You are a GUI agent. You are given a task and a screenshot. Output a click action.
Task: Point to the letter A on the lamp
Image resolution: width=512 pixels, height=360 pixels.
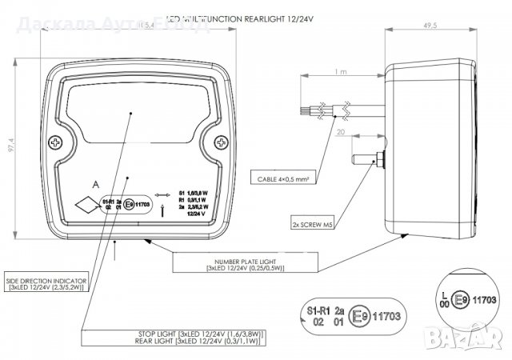[96, 185]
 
